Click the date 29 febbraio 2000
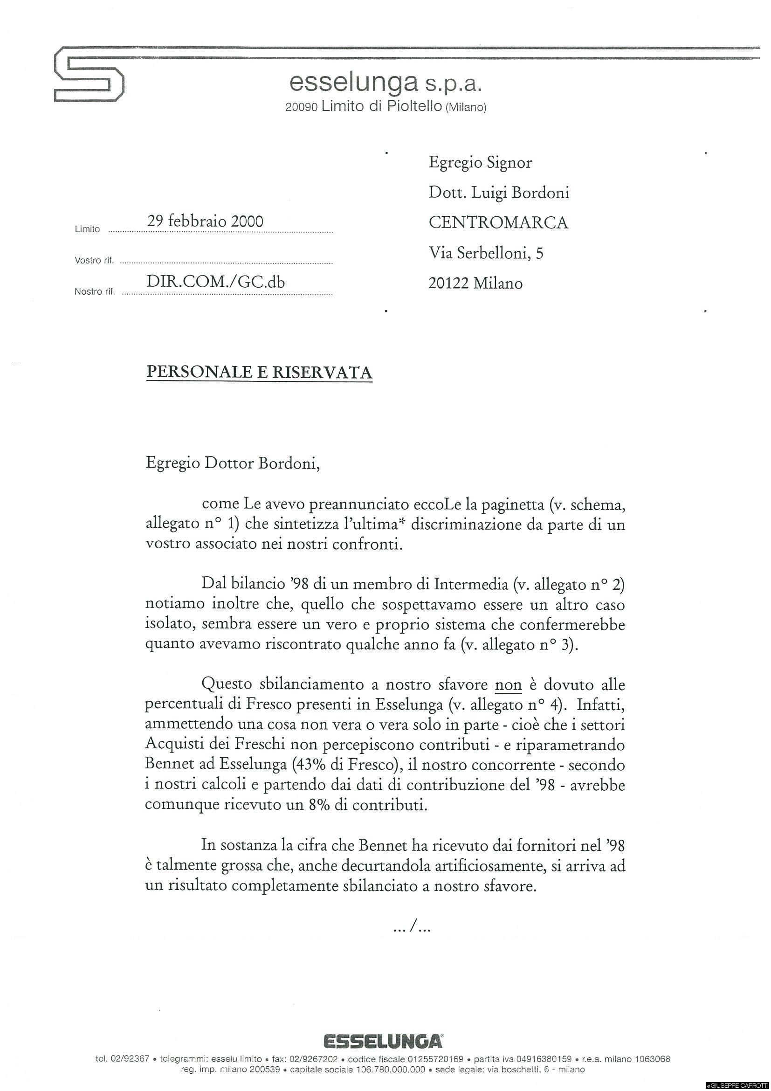tap(205, 221)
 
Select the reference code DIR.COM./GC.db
tap(216, 282)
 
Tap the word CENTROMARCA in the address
tap(498, 222)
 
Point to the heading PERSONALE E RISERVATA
tap(259, 372)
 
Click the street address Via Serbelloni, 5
tap(486, 253)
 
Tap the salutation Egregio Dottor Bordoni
tap(233, 463)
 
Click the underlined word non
tap(508, 685)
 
